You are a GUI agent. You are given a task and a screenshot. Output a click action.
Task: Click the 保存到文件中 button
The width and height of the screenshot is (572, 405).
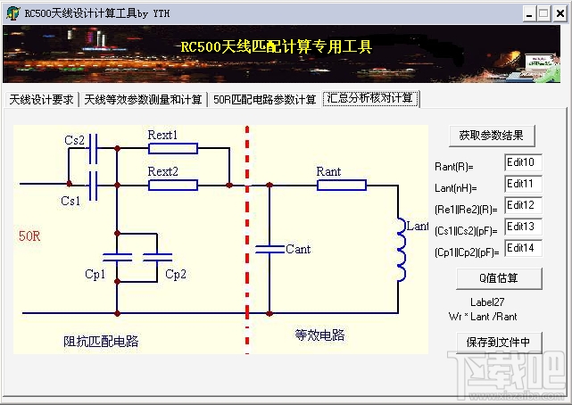(x=498, y=342)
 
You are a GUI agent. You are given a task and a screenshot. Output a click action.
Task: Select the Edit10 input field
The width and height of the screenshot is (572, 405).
(x=523, y=163)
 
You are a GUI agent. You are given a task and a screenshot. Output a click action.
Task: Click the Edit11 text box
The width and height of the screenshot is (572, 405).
(x=523, y=185)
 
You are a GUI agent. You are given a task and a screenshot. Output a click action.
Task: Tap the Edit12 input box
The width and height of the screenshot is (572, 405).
(x=523, y=206)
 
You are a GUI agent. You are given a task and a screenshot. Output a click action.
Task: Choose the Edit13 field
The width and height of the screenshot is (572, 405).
(x=523, y=227)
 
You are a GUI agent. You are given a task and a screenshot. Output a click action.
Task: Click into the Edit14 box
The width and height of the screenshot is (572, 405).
(x=523, y=248)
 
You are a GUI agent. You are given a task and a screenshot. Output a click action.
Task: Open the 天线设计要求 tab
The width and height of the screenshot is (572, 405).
(x=41, y=99)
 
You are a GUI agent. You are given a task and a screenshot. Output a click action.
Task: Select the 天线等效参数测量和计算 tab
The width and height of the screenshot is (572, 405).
(x=144, y=99)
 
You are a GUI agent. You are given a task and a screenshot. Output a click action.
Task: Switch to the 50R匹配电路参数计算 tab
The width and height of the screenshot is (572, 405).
(x=264, y=99)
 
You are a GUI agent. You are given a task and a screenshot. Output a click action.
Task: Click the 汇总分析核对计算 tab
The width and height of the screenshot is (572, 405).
(x=370, y=98)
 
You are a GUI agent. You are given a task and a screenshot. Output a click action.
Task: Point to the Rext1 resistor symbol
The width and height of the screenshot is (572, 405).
(x=172, y=149)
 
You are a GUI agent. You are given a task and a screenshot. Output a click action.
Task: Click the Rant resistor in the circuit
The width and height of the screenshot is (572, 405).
(x=341, y=185)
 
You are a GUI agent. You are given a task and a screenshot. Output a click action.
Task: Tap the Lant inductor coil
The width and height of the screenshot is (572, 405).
(x=401, y=251)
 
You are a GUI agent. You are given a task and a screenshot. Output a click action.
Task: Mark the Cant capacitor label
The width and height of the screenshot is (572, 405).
(x=298, y=249)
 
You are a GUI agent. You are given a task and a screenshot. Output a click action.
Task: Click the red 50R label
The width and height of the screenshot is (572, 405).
(x=30, y=236)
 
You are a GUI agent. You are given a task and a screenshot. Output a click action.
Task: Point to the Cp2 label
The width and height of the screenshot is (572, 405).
(x=176, y=274)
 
